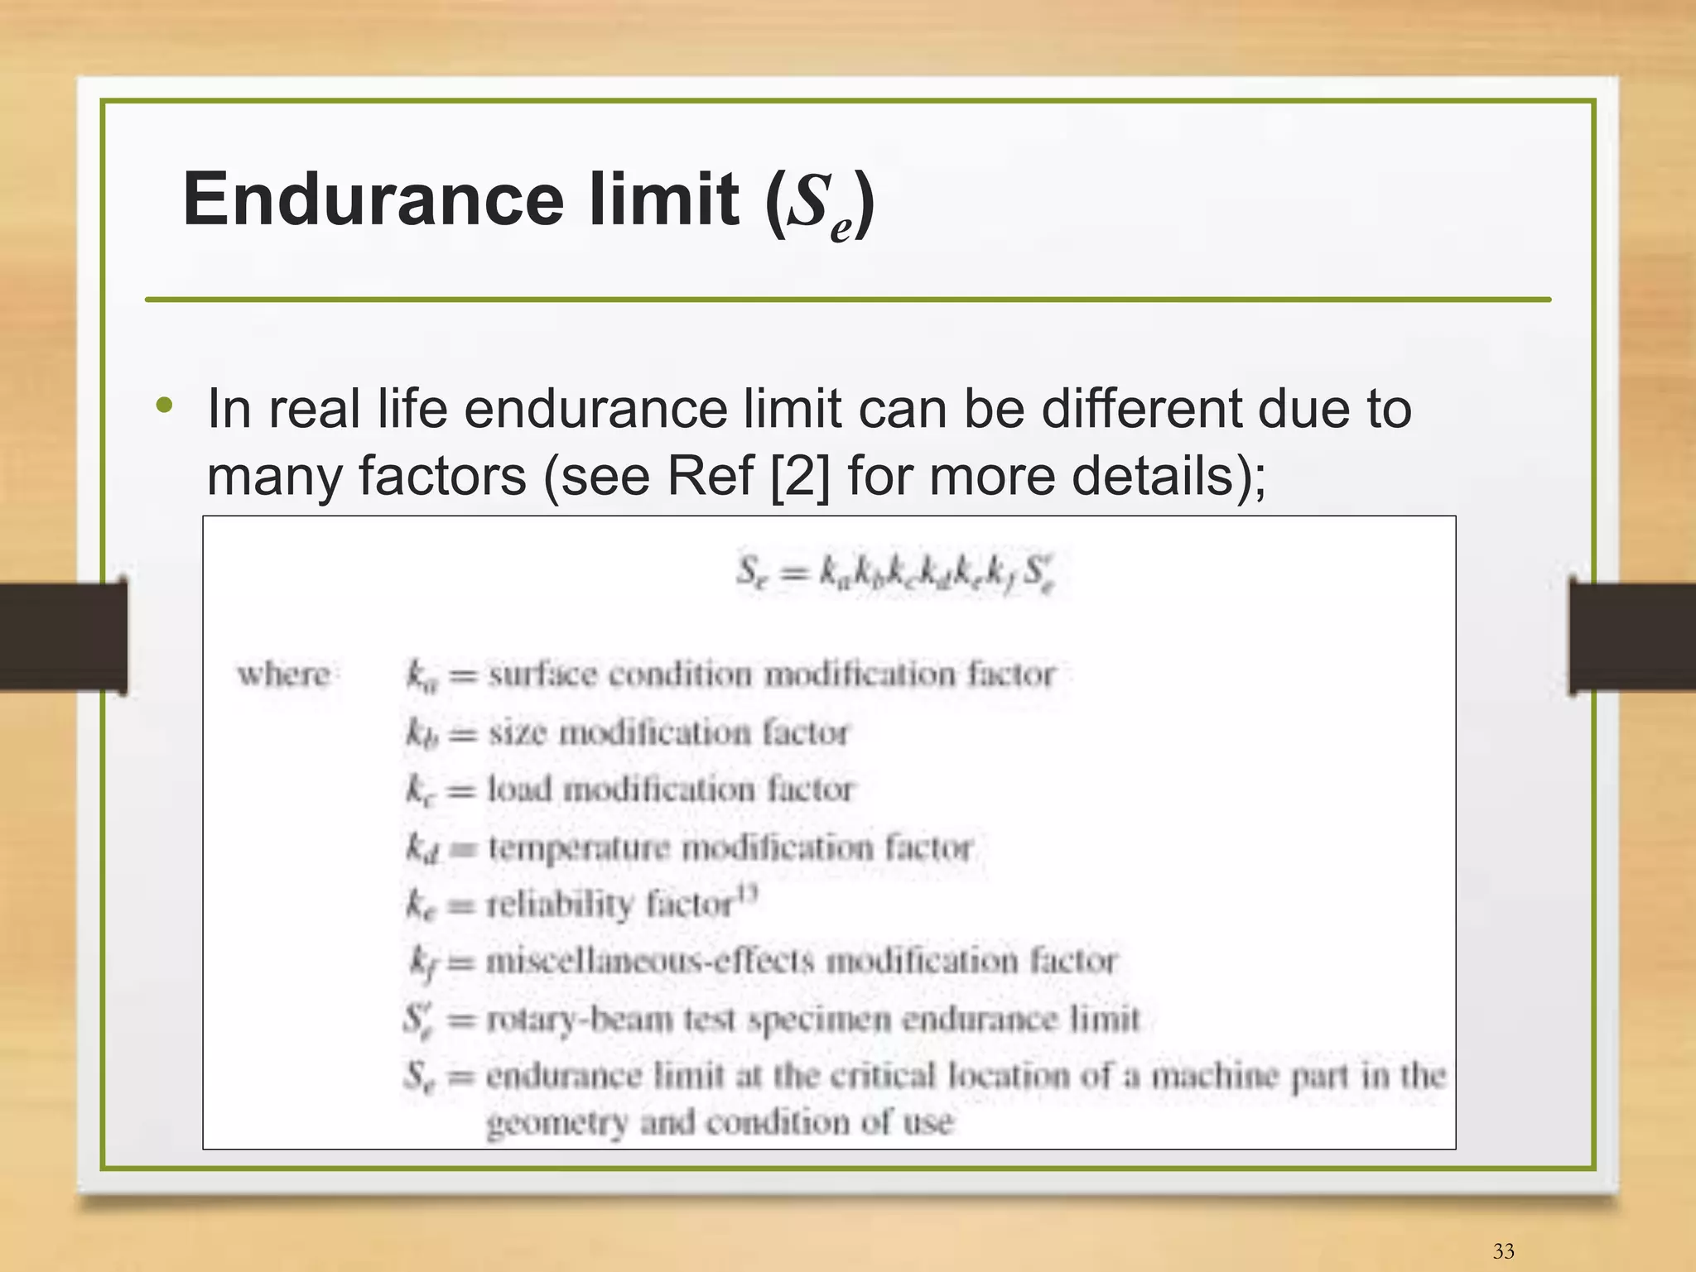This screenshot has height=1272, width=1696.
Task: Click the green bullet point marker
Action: pyautogui.click(x=165, y=406)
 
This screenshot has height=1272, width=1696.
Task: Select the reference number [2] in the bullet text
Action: pyautogui.click(x=798, y=476)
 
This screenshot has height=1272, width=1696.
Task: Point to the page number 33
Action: pyautogui.click(x=1503, y=1250)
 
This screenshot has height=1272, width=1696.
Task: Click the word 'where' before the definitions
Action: pyautogui.click(x=284, y=674)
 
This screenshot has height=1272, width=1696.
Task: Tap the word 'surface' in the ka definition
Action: pyautogui.click(x=542, y=674)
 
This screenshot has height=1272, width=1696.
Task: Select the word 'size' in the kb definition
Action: pyautogui.click(x=517, y=732)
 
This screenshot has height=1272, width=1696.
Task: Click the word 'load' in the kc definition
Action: pyautogui.click(x=518, y=789)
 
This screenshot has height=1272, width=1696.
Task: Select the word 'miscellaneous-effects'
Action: pyautogui.click(x=650, y=961)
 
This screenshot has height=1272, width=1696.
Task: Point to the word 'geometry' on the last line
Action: pyautogui.click(x=556, y=1124)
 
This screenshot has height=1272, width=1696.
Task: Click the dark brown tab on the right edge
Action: pyautogui.click(x=1632, y=636)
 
